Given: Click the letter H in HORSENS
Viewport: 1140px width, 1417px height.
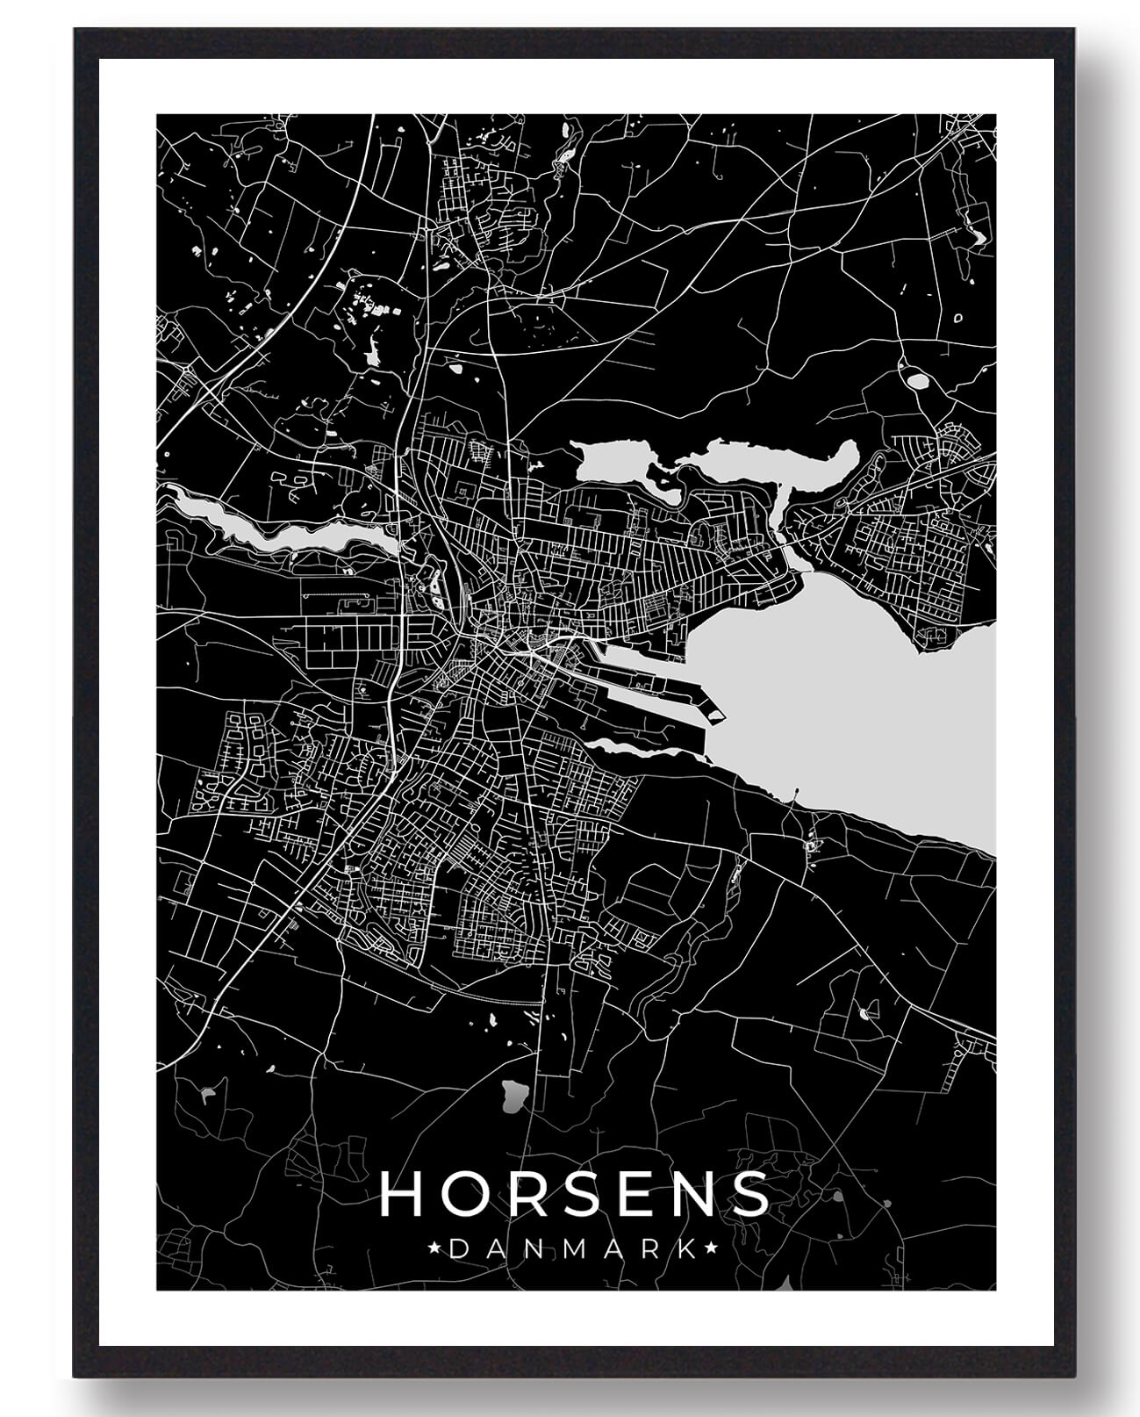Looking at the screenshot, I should [x=399, y=1195].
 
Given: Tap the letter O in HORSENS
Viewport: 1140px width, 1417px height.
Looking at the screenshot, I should [x=456, y=1195].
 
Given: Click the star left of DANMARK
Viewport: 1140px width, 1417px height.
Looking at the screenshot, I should [x=436, y=1248].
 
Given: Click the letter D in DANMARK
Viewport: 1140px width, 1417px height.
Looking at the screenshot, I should [x=457, y=1248].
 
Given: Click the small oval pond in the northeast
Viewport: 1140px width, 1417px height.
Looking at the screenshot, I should [x=918, y=382].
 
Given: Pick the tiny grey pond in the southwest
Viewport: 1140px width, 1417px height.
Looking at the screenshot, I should [x=208, y=1094].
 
